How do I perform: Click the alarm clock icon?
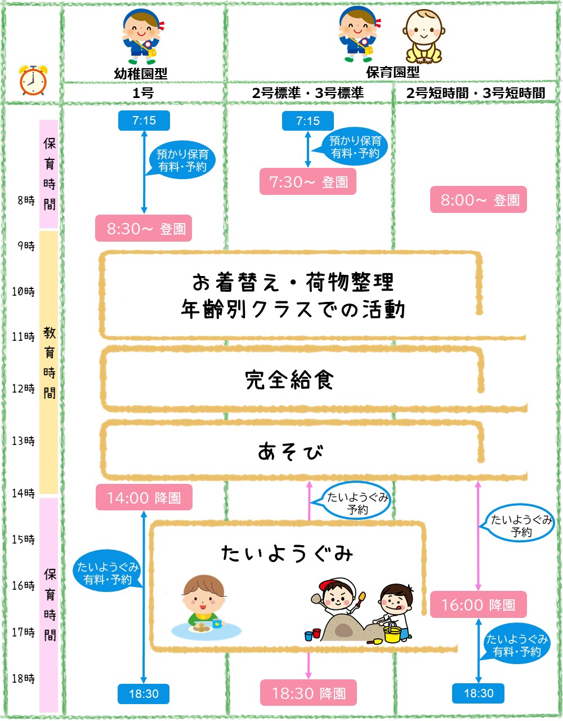(x=33, y=80)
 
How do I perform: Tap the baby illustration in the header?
(x=423, y=37)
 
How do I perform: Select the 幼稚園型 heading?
(x=141, y=73)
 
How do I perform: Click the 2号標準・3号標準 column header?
(x=308, y=93)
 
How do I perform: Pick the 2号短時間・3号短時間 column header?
(x=476, y=93)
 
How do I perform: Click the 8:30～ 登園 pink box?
(x=144, y=229)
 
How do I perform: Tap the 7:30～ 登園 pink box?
(x=308, y=182)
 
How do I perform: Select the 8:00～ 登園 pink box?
(x=479, y=200)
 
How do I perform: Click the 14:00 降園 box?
(x=144, y=498)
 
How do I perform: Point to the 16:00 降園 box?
(x=478, y=605)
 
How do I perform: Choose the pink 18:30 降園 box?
(x=309, y=693)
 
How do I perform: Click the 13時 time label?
(x=23, y=441)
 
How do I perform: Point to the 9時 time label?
(x=26, y=246)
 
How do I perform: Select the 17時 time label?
(x=23, y=633)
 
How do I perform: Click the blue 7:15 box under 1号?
(x=144, y=121)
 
